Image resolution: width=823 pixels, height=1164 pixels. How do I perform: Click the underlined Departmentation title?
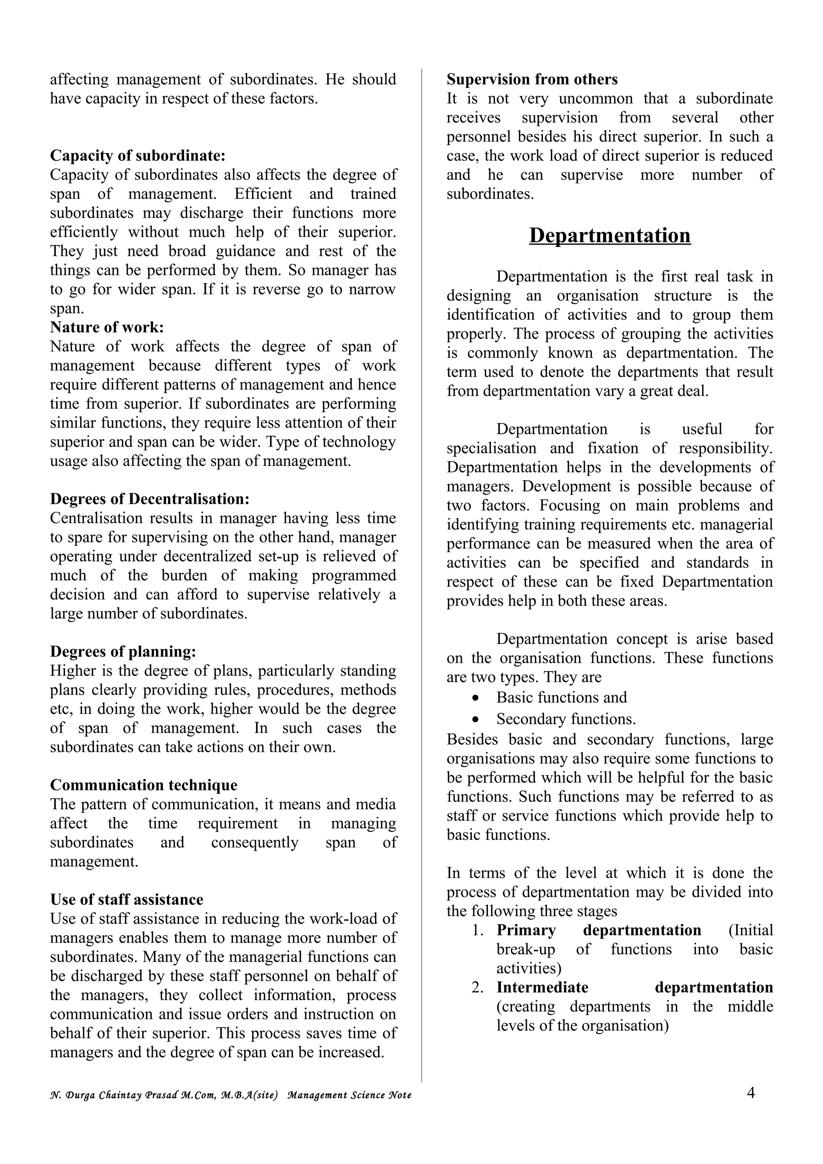click(x=610, y=236)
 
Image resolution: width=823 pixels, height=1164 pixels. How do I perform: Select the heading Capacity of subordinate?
click(x=137, y=155)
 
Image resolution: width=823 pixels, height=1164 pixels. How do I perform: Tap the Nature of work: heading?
click(x=107, y=327)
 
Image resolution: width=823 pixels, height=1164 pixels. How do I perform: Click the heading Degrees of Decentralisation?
click(x=149, y=499)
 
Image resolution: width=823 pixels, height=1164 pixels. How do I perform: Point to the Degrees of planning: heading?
click(x=123, y=651)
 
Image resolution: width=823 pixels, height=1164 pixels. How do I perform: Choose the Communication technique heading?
click(x=143, y=785)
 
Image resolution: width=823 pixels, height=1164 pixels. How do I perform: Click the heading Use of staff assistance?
click(x=126, y=899)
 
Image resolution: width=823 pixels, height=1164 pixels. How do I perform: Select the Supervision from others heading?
click(x=532, y=80)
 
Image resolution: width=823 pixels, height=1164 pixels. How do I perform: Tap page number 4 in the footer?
click(x=751, y=1093)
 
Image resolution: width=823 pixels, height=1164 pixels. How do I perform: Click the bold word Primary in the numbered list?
click(x=526, y=930)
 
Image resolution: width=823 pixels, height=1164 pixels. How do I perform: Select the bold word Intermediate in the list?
click(x=542, y=988)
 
